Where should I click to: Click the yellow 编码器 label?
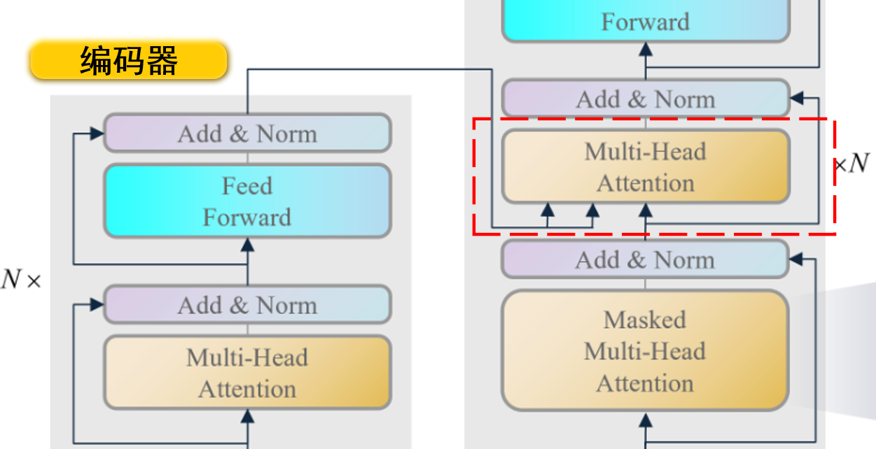(x=129, y=61)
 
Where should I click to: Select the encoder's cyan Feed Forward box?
(x=247, y=201)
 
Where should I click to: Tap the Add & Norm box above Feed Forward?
(x=247, y=134)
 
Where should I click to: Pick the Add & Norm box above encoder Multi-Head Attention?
(x=247, y=305)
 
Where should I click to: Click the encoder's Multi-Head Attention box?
(x=247, y=373)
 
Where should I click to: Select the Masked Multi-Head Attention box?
(x=645, y=351)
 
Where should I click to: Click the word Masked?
(x=645, y=320)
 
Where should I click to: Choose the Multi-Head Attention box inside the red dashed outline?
(x=645, y=167)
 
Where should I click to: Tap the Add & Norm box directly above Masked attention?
(x=645, y=260)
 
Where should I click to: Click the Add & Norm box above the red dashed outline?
(x=645, y=99)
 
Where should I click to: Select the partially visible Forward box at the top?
(x=645, y=21)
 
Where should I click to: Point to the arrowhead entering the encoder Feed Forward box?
(x=247, y=244)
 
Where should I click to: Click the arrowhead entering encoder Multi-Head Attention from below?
(x=247, y=416)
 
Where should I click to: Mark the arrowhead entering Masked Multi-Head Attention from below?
(x=645, y=420)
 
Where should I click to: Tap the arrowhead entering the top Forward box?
(x=645, y=49)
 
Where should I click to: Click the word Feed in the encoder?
(x=247, y=186)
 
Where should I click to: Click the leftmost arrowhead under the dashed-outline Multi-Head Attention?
(x=548, y=209)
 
